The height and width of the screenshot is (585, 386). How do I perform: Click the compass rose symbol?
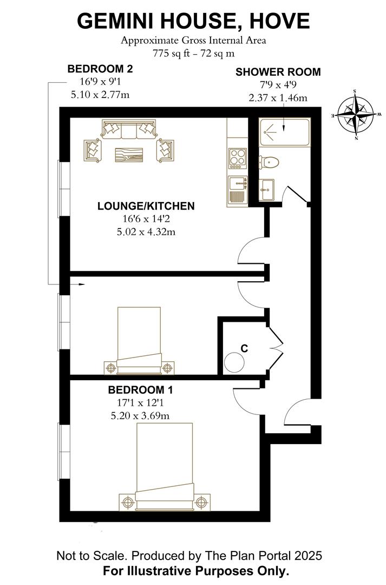(356, 115)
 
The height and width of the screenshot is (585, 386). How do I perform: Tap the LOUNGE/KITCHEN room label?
(146, 206)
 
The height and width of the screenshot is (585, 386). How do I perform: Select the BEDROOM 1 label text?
(140, 390)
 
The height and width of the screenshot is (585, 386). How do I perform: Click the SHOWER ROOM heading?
(278, 72)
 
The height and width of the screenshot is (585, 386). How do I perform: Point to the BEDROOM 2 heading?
(100, 69)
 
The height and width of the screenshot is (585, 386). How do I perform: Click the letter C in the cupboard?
(244, 348)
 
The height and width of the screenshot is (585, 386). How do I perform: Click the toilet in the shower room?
(269, 162)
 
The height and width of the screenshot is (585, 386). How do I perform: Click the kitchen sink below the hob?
(237, 190)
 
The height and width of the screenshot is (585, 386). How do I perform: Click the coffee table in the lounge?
(129, 154)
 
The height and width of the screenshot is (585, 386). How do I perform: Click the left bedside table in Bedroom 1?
(128, 501)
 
